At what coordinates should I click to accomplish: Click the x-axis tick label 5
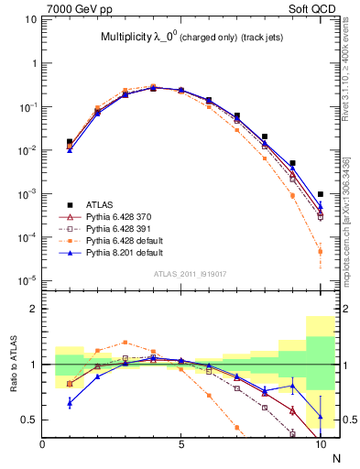(x=181, y=444)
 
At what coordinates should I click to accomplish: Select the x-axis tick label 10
(x=320, y=444)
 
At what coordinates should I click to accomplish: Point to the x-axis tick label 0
(x=43, y=444)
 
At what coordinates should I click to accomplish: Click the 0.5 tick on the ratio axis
(x=30, y=420)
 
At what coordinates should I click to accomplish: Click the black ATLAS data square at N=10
(x=320, y=194)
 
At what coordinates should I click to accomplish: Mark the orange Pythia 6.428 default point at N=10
(x=320, y=251)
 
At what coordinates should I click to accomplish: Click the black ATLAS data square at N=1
(x=71, y=142)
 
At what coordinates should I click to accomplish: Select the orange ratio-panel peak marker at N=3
(x=125, y=342)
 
